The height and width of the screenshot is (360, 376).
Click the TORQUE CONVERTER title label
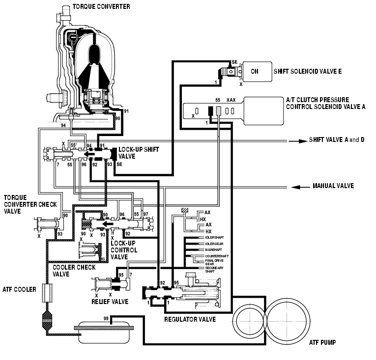pyautogui.click(x=101, y=7)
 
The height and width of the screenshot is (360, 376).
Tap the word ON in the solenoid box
pyautogui.click(x=255, y=71)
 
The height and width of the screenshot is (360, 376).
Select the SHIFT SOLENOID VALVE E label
pyautogui.click(x=308, y=71)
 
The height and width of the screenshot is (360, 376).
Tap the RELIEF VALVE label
pyautogui.click(x=110, y=301)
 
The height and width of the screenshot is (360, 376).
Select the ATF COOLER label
pyautogui.click(x=19, y=289)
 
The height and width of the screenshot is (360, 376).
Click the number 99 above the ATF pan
pyautogui.click(x=106, y=319)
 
